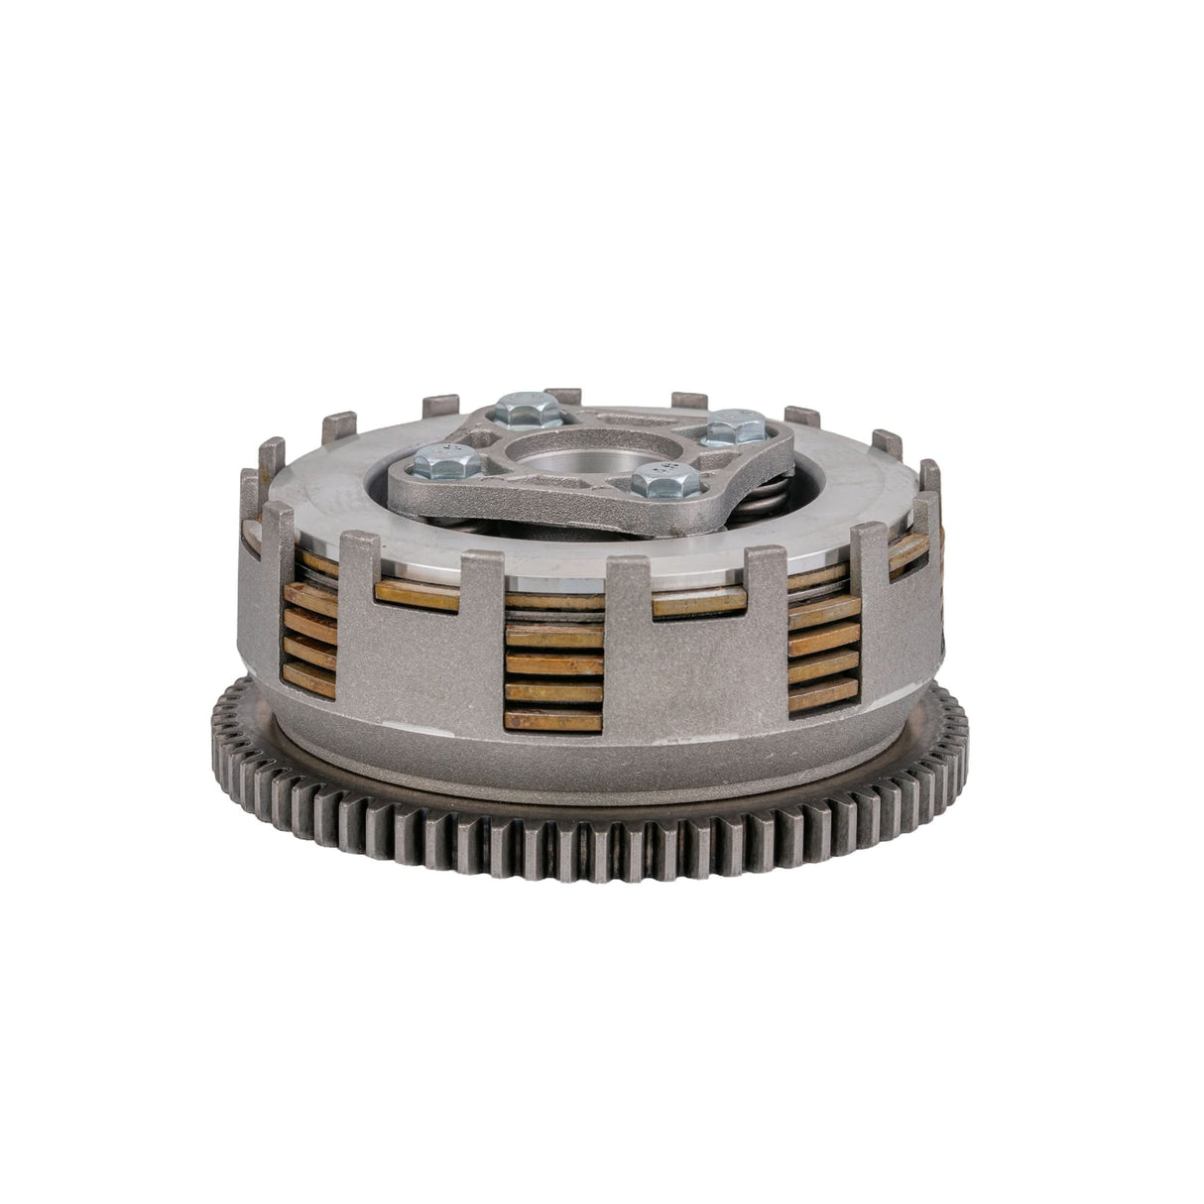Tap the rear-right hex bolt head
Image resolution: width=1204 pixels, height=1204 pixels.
coord(739,428)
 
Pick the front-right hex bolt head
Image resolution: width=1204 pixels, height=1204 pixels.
coord(659,480)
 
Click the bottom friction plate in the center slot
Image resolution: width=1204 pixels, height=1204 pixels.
coord(553,720)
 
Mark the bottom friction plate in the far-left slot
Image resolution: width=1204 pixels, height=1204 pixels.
coord(308,680)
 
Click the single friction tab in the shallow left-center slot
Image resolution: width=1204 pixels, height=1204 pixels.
coord(417,595)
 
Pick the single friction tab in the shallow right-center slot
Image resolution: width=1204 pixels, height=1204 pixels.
coord(699,601)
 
